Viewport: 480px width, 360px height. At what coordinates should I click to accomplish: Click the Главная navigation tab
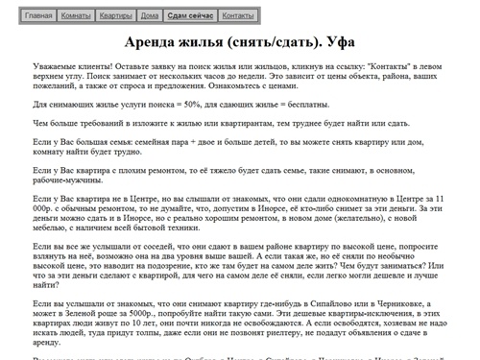pos(39,16)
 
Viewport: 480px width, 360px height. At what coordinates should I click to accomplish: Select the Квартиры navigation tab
pos(115,16)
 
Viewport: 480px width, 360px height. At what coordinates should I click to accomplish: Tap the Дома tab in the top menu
pos(149,16)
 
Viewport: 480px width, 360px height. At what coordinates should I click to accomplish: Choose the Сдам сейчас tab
pos(190,16)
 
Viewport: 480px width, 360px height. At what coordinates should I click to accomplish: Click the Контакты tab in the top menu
pos(237,16)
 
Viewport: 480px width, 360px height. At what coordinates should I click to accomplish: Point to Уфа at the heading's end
pos(336,44)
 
